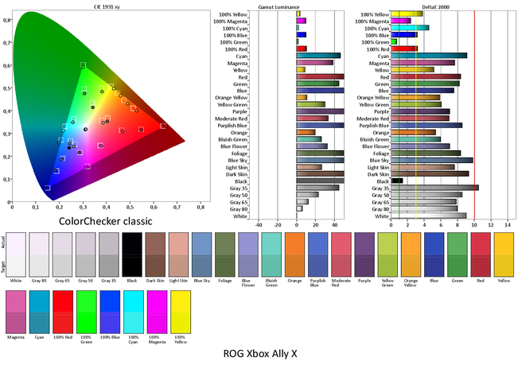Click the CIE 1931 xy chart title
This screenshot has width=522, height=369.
click(109, 5)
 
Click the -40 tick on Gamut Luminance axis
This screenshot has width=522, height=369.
click(257, 226)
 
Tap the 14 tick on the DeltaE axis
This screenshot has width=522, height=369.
click(508, 226)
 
